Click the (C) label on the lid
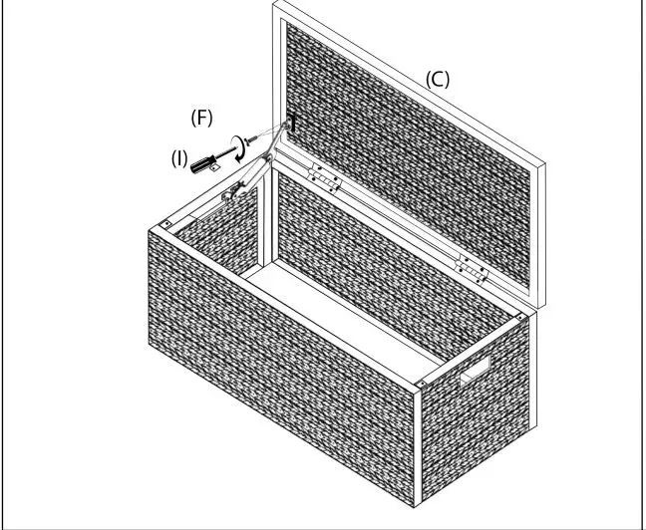click(x=437, y=80)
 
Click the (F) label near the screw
click(x=201, y=118)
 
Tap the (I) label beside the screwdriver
click(x=179, y=158)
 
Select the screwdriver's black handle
click(x=202, y=163)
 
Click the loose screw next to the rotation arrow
click(x=251, y=139)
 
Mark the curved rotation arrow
click(x=238, y=148)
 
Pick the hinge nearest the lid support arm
click(x=325, y=178)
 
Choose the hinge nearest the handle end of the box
click(x=471, y=269)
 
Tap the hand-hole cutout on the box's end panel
click(x=475, y=370)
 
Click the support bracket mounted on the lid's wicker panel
click(x=291, y=124)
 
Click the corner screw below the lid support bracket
click(x=166, y=224)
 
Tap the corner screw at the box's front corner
click(x=421, y=384)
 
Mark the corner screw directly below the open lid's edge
click(x=519, y=318)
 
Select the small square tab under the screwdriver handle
click(x=214, y=167)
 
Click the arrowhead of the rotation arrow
click(x=238, y=159)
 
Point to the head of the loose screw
click(x=247, y=140)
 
